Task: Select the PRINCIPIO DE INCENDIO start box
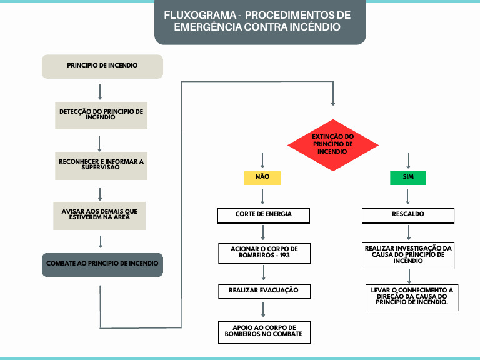click(x=102, y=66)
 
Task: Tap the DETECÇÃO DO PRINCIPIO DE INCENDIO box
click(x=101, y=115)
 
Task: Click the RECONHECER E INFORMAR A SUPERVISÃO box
click(x=101, y=165)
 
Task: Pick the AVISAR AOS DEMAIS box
click(x=100, y=215)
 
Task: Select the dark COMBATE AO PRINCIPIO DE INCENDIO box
click(x=102, y=264)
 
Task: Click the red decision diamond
click(x=332, y=145)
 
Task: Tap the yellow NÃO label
click(x=262, y=177)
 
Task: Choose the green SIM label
click(x=408, y=177)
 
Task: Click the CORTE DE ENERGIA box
click(x=264, y=215)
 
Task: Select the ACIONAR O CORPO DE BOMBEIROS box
click(x=264, y=252)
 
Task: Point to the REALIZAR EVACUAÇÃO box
click(x=264, y=291)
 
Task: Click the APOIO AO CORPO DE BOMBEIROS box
click(x=264, y=331)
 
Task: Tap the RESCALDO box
click(x=408, y=215)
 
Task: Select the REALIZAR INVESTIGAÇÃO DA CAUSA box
click(x=408, y=256)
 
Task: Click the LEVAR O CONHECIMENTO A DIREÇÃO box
click(x=411, y=297)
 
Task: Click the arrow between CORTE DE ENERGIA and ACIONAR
click(x=263, y=233)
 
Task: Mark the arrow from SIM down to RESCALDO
click(x=408, y=196)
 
